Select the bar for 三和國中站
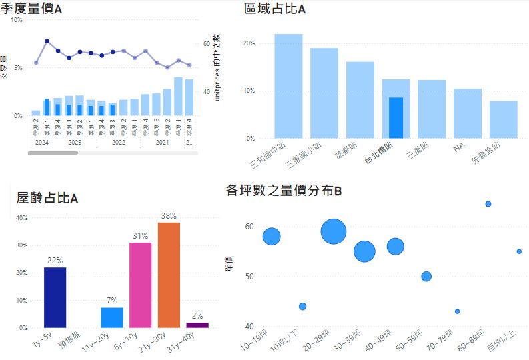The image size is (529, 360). (288, 86)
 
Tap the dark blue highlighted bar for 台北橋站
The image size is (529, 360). (396, 117)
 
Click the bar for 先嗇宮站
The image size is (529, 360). (504, 119)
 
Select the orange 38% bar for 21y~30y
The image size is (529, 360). (169, 275)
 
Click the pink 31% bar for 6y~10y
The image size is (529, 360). (140, 285)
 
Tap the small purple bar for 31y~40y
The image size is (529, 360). (197, 325)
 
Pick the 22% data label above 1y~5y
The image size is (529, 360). (55, 260)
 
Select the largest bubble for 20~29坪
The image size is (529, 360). (333, 231)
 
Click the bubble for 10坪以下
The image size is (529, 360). (302, 306)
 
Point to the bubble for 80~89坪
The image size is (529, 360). (488, 204)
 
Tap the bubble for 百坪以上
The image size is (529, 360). (519, 251)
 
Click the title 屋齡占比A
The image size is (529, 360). (47, 198)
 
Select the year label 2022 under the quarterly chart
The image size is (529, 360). (118, 142)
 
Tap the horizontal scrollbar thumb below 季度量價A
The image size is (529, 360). (53, 153)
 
